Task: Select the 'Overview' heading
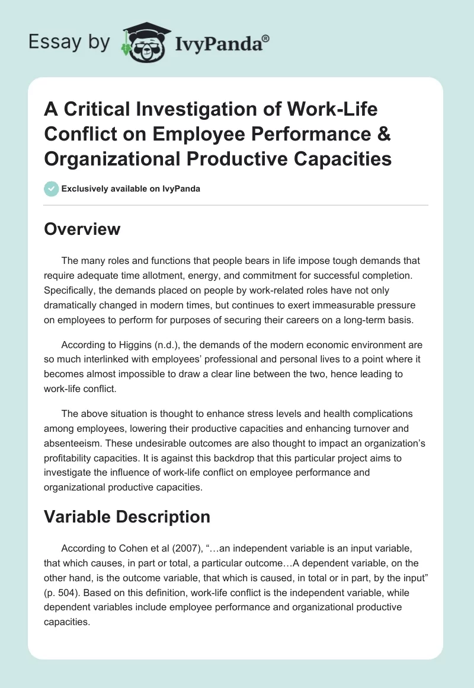coord(82,229)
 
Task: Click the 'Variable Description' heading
coord(127,517)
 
